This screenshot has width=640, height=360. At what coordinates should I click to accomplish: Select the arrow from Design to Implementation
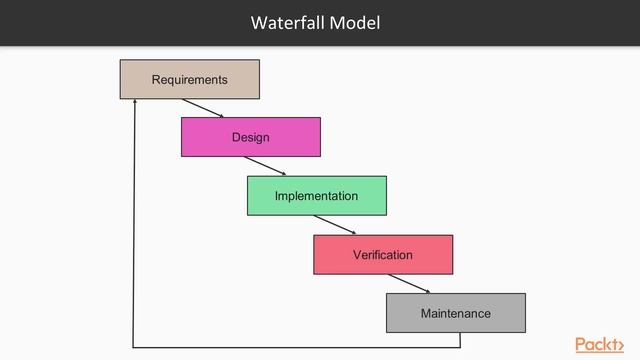tap(265, 166)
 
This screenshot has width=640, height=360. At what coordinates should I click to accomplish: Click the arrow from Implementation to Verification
tap(334, 225)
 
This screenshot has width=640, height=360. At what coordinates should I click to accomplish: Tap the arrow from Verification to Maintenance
tap(409, 284)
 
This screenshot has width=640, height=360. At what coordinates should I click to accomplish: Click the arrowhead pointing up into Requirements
tap(134, 103)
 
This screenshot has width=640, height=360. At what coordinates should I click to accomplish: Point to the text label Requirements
tap(189, 79)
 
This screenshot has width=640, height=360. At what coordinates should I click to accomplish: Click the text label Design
tap(250, 137)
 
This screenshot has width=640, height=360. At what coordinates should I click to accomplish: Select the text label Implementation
tap(316, 196)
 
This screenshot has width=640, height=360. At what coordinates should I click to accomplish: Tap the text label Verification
tap(382, 255)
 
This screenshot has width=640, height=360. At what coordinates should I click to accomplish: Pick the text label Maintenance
tap(455, 313)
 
